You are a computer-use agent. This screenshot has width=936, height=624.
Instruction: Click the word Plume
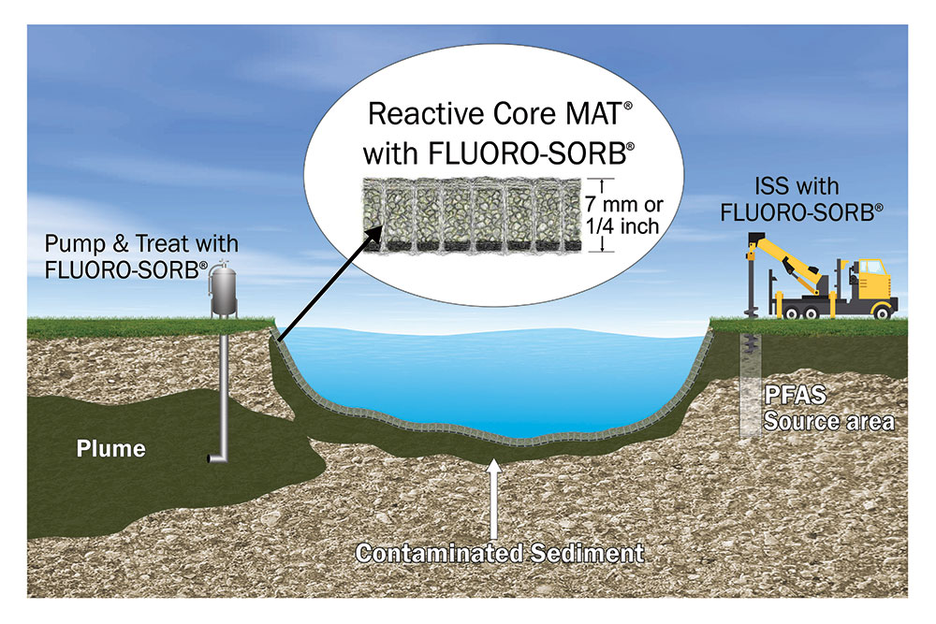111,449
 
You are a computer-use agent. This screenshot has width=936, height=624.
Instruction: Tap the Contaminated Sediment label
498,553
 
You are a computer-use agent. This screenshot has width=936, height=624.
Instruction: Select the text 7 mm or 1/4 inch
635,214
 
